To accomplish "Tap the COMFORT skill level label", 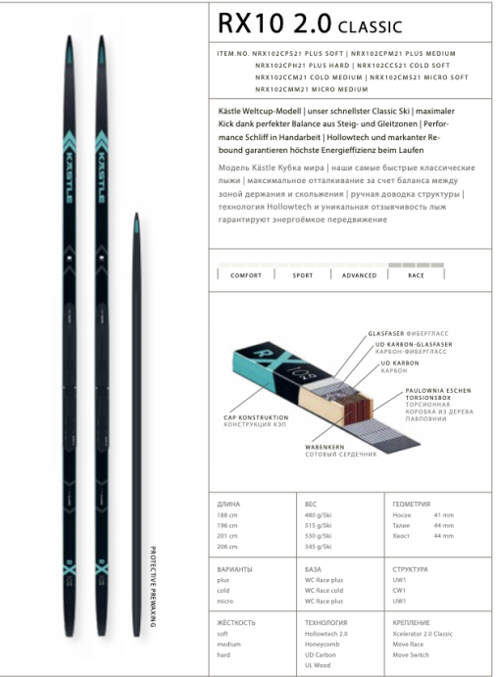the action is point(239,275).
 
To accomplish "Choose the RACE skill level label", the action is point(416,275).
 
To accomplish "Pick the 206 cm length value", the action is point(226,546).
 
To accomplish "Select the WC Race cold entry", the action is point(323,591).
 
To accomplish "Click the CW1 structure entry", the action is point(398,591).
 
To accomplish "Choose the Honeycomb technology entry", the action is point(322,647).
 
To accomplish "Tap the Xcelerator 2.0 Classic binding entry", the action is point(422,636).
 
